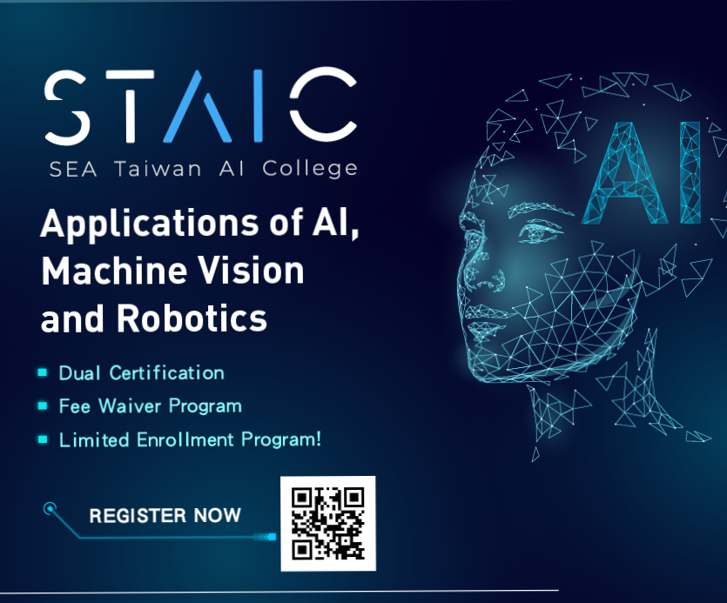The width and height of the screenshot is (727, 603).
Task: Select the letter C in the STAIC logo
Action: point(323,104)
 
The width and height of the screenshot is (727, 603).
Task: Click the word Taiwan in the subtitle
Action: point(158,169)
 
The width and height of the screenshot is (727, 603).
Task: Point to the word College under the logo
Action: point(310,169)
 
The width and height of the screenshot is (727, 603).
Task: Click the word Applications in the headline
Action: point(149,224)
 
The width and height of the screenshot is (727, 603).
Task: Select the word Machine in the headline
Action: point(111,271)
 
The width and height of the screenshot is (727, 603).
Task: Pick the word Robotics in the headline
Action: point(192,318)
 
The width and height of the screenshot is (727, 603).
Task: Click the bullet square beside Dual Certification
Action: point(43,372)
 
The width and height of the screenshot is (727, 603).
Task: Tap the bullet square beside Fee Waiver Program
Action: point(43,406)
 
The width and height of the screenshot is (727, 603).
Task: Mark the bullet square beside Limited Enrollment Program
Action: point(43,439)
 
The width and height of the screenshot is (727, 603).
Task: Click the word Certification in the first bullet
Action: point(166,373)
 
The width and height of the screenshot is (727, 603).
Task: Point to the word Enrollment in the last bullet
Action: point(185,440)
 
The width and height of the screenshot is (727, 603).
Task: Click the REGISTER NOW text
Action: point(165,516)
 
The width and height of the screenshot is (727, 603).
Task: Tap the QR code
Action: point(328,524)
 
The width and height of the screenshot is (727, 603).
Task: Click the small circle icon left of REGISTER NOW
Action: point(50,508)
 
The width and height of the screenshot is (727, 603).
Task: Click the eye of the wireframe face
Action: point(538,231)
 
